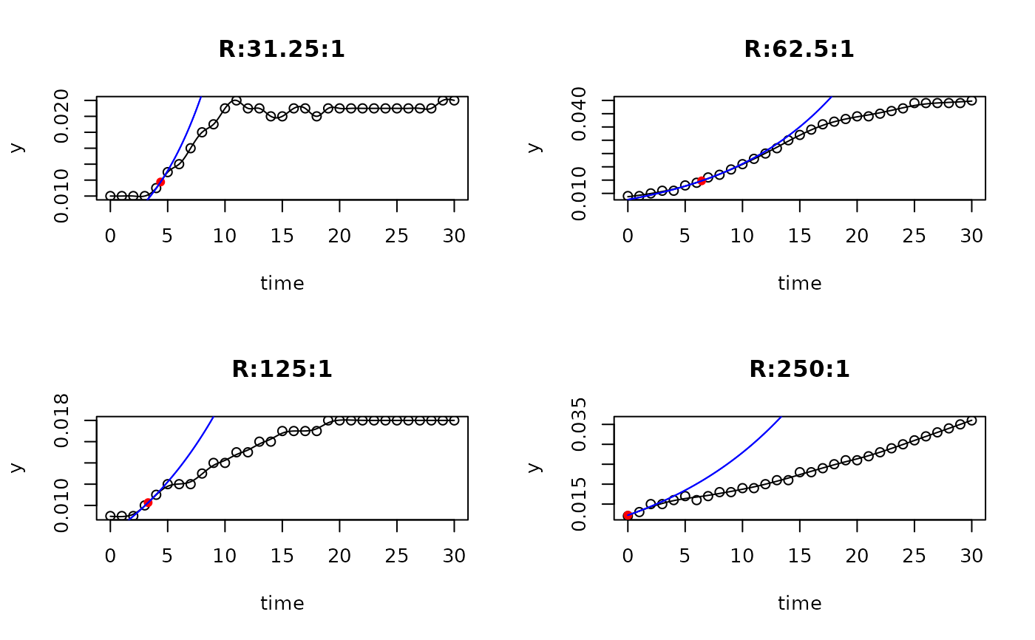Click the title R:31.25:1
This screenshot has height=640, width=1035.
point(282,50)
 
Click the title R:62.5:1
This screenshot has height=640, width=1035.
point(799,50)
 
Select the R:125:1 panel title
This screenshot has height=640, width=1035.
point(282,369)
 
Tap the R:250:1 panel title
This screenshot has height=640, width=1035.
point(799,369)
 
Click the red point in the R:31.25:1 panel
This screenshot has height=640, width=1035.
point(160,182)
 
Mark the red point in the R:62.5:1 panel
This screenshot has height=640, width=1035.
point(702,180)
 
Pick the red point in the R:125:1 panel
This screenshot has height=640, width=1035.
point(148,503)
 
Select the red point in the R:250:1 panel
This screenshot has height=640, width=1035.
point(628,516)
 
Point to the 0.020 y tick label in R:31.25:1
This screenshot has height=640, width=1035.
point(62,116)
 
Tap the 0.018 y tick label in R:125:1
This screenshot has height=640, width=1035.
point(62,420)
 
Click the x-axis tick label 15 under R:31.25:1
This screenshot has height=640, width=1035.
point(282,236)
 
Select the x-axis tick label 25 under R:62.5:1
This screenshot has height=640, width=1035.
point(914,236)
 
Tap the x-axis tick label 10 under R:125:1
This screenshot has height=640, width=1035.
point(225,556)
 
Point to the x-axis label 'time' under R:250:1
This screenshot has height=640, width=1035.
point(799,604)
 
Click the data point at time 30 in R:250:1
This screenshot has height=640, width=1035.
point(971,421)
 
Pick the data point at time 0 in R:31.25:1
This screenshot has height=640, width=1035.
point(111,196)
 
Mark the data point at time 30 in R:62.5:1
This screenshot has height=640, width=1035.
point(971,101)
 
